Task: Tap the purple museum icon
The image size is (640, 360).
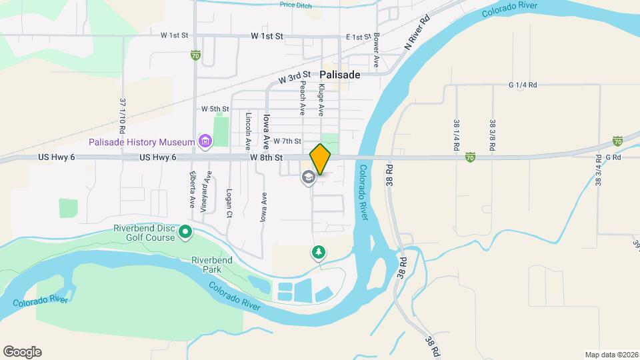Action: [x=205, y=141]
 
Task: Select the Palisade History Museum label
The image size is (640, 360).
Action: [x=142, y=142]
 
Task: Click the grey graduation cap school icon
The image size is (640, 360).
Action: [x=308, y=177]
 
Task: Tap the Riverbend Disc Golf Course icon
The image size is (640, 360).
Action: [x=185, y=233]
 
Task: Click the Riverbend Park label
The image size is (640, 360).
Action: [x=211, y=265]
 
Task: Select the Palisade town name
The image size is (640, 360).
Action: [x=339, y=75]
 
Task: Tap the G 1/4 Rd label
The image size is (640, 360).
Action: [x=522, y=85]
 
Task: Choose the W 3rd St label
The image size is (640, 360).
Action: [x=295, y=78]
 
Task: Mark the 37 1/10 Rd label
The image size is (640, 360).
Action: [x=123, y=115]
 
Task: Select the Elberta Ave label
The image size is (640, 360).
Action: [x=191, y=191]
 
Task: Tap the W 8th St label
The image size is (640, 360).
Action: [x=267, y=157]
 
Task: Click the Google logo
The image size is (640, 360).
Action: [x=22, y=352]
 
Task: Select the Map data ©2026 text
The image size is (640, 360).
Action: [x=611, y=355]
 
